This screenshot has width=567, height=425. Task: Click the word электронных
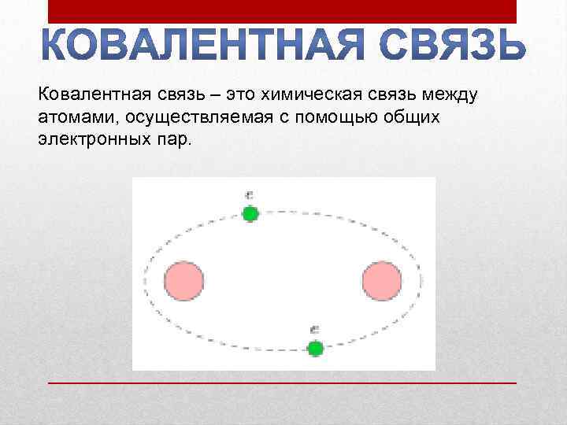[88, 138]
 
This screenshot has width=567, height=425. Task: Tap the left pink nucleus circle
[184, 281]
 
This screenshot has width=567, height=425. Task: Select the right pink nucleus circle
[382, 281]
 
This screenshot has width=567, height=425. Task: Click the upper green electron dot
[250, 213]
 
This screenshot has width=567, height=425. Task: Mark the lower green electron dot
[315, 348]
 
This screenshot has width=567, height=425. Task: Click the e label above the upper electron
[249, 195]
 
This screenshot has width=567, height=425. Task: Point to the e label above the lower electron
[314, 330]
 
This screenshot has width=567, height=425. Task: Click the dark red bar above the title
[283, 11]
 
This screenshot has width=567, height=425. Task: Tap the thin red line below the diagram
[283, 382]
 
